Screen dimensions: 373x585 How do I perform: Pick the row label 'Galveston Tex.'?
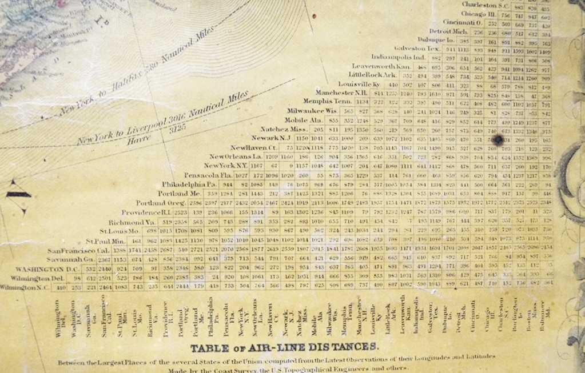tap(416, 49)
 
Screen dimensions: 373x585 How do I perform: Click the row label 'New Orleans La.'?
tap(234, 156)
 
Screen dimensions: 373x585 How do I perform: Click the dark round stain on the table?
tap(498, 139)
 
